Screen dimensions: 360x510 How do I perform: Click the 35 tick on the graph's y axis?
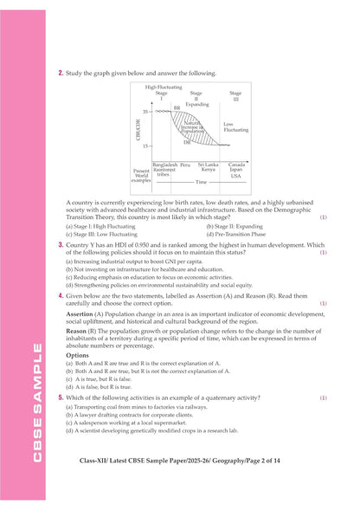pos(145,112)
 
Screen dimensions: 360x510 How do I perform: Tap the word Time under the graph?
pos(201,183)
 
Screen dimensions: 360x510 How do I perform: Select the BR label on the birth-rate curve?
pos(177,107)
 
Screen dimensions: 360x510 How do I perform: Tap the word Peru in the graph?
pos(185,164)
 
